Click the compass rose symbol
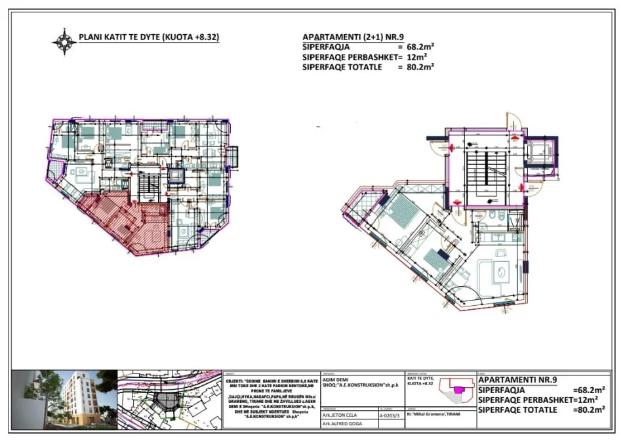64,41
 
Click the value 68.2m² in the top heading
420,48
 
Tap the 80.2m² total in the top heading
420,66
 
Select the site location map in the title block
169,398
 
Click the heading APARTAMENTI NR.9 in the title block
518,379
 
